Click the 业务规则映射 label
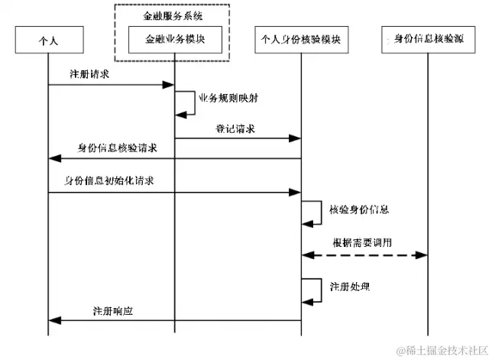(x=228, y=99)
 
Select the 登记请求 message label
(x=235, y=129)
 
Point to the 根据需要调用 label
(x=362, y=242)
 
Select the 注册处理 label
(x=350, y=287)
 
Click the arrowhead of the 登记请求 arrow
(x=296, y=139)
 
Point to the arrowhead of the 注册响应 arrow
(x=53, y=322)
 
